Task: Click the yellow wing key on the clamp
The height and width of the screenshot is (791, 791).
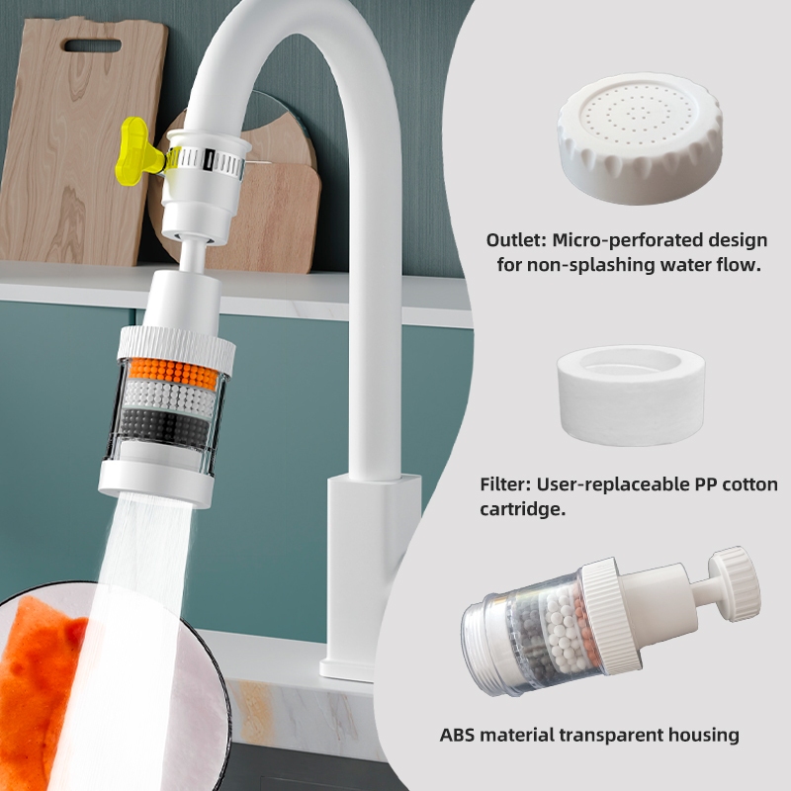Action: [137, 152]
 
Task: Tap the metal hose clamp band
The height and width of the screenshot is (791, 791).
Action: [206, 161]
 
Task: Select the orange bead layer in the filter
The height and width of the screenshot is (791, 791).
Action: [173, 372]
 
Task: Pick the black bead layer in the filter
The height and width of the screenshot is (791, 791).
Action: [164, 425]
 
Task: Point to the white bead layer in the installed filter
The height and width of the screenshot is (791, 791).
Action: [169, 396]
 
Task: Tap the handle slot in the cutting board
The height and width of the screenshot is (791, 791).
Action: [93, 45]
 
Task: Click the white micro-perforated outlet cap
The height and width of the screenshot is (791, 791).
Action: [640, 137]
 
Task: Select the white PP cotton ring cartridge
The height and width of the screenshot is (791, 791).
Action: [631, 395]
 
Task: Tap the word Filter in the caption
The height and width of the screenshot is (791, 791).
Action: [505, 484]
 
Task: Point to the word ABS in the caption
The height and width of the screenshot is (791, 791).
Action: [457, 735]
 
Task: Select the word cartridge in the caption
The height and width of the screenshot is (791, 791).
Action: [523, 509]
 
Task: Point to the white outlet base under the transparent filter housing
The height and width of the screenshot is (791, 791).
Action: [156, 483]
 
